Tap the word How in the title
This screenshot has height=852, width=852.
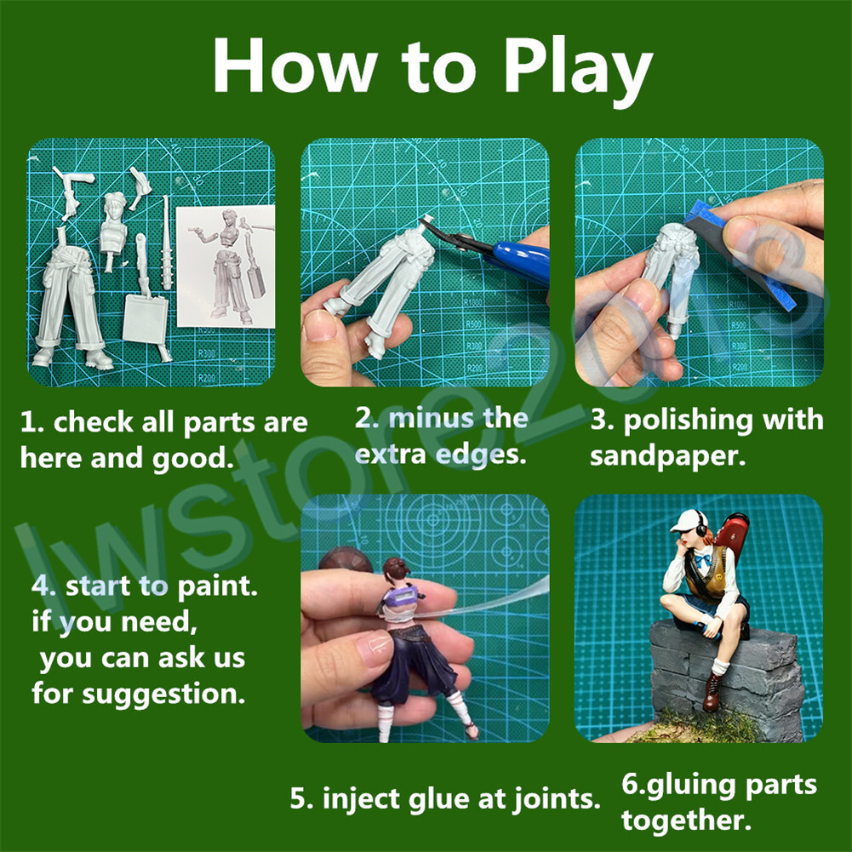tap(295, 66)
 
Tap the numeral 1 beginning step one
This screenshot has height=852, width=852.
tap(27, 422)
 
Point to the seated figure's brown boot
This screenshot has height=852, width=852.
tap(712, 692)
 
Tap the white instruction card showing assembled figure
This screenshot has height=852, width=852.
tap(225, 266)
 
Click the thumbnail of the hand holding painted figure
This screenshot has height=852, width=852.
tap(374, 646)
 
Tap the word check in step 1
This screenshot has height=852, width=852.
tap(93, 421)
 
